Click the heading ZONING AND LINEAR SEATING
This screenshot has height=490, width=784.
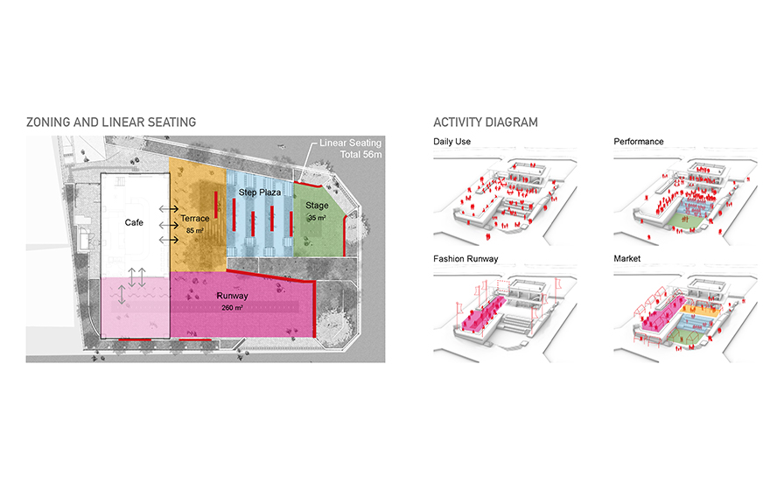coord(111,122)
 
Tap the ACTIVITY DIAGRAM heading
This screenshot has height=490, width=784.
coord(486,122)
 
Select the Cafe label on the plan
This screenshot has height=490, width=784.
coord(134,223)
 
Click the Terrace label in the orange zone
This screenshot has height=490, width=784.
coord(195,218)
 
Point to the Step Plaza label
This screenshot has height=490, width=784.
coord(258,190)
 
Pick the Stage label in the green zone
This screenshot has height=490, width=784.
coord(317,206)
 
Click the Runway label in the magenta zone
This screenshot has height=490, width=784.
coord(233,296)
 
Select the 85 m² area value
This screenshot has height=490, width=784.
coord(195,228)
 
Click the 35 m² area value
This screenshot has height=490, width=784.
coord(317,217)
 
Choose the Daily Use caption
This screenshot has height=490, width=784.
coord(452,142)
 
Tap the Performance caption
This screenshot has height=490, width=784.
coord(639,142)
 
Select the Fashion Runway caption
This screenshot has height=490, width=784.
coord(464,259)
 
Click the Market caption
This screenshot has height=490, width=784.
coord(627,259)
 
